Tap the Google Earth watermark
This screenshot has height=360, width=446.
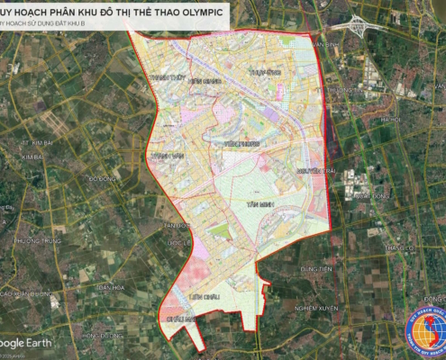[x=25, y=343]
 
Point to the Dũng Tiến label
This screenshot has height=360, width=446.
[x=316, y=268]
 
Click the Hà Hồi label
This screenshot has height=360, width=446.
[x=390, y=119]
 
